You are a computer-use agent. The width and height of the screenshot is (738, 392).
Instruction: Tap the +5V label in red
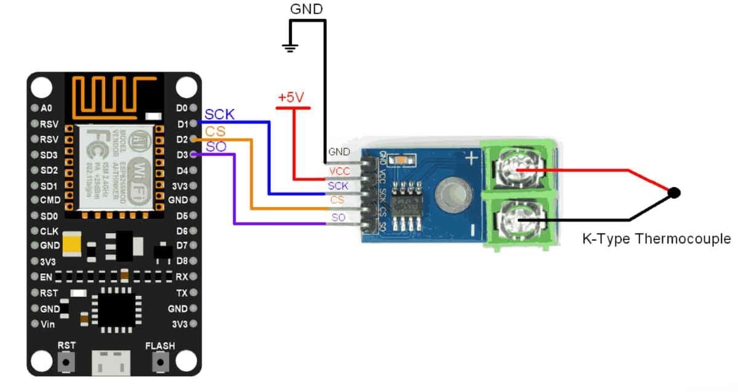[x=292, y=98]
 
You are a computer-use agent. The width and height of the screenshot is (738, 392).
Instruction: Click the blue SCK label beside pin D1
[x=219, y=114]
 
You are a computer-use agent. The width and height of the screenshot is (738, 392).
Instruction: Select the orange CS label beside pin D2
[x=215, y=130]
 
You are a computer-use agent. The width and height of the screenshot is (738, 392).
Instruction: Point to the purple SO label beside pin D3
[x=215, y=146]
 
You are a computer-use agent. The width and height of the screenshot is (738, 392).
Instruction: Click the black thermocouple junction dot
[x=674, y=193]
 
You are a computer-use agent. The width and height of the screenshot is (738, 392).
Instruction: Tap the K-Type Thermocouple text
[x=656, y=239]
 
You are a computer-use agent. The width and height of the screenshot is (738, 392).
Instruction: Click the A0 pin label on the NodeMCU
[x=46, y=108]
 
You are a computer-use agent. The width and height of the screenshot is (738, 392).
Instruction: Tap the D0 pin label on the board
[x=181, y=108]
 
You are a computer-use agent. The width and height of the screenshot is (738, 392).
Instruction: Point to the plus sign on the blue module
[x=471, y=158]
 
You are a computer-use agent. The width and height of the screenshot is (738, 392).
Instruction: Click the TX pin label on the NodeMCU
[x=181, y=293]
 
